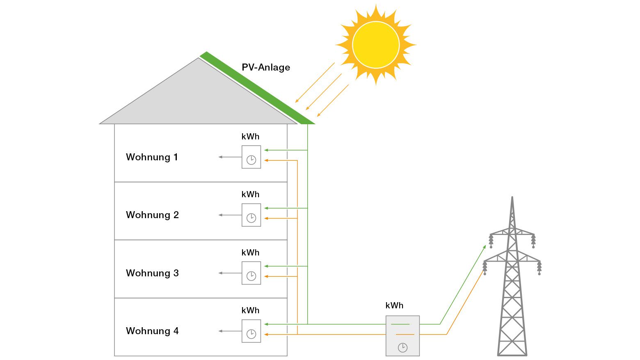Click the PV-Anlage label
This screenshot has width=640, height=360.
[265, 67]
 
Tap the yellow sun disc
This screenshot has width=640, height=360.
[375, 45]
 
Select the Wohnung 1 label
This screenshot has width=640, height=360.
[152, 157]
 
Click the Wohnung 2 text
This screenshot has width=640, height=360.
[152, 215]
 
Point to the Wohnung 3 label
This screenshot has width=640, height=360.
[152, 273]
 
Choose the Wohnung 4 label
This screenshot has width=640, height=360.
[152, 331]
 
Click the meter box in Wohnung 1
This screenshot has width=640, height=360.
[251, 157]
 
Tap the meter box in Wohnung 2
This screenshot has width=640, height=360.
[251, 215]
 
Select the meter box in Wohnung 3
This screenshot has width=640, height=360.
[251, 273]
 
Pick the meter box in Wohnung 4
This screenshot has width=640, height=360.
[251, 331]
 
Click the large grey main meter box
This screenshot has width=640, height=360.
[402, 336]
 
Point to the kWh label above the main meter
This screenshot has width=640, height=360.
[394, 305]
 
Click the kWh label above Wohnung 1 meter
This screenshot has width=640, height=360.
[250, 137]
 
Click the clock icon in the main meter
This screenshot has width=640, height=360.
[403, 348]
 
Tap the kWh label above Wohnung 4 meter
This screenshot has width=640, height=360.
[250, 310]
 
